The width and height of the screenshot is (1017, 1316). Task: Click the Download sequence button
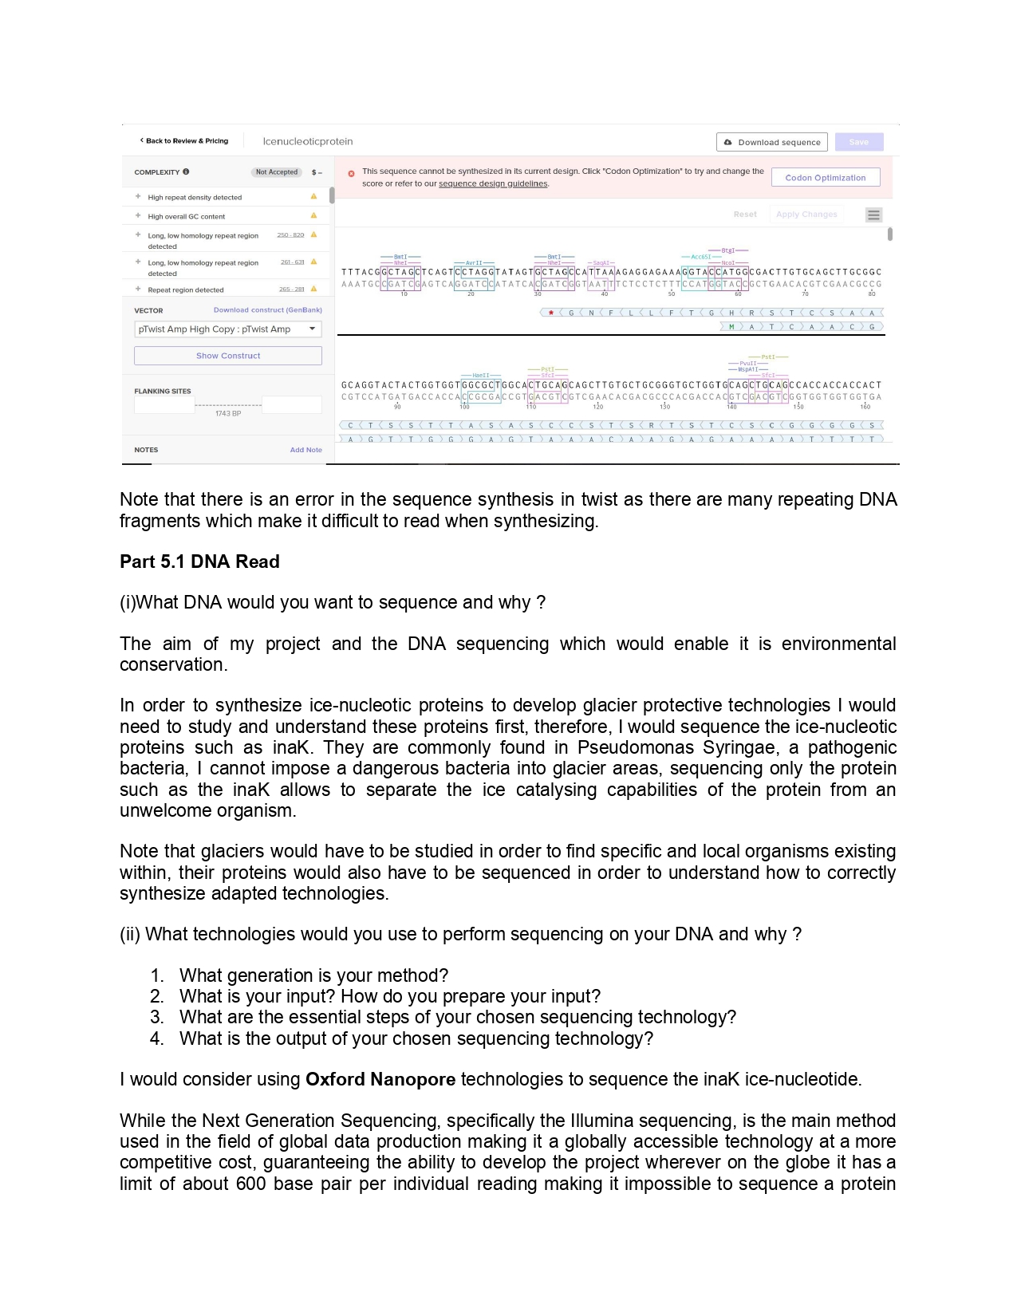coord(771,142)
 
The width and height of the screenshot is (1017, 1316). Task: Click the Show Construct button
coord(228,356)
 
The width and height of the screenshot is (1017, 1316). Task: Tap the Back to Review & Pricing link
coord(184,141)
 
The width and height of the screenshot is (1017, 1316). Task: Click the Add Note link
coord(305,450)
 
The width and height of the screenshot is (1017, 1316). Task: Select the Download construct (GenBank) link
coord(267,310)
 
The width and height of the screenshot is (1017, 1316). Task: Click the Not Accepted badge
coord(276,172)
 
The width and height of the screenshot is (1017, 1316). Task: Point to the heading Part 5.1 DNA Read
coord(199,561)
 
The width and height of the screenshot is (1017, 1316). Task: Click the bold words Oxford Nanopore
coord(380,1079)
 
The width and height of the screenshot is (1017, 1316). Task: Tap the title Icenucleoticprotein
coord(308,141)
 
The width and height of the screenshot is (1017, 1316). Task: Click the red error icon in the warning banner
coord(351,173)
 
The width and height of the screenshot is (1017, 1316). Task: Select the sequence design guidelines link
coord(493,184)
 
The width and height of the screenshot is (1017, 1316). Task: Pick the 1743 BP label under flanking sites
coord(228,413)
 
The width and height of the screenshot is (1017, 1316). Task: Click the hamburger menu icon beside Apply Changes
coord(874,215)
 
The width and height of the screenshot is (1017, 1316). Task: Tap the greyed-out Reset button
coord(745,215)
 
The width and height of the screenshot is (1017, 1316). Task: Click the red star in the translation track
coord(551,313)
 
